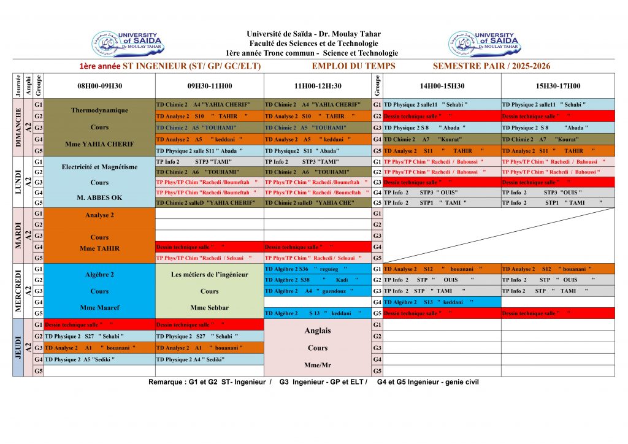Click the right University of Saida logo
[484, 44]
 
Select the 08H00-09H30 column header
[99, 86]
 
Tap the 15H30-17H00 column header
[557, 86]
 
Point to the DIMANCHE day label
[18, 127]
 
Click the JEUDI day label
[18, 347]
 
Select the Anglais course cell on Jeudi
[318, 347]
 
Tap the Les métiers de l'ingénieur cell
[209, 291]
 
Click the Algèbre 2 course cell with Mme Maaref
[99, 291]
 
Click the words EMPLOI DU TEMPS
[353, 66]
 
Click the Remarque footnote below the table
[313, 382]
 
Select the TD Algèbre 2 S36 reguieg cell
[318, 269]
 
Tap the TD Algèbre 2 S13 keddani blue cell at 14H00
[442, 302]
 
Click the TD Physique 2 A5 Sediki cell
[99, 359]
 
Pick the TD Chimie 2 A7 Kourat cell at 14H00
[442, 139]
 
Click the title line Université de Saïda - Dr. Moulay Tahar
[313, 34]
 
